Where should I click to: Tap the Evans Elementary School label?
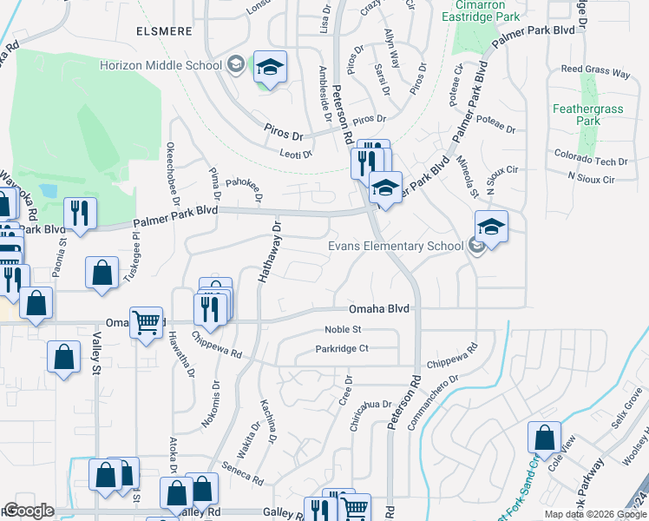395,246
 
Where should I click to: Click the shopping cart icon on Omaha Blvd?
146,322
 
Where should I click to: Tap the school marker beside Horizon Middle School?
270,67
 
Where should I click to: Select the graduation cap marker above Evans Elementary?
491,227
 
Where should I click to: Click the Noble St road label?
342,329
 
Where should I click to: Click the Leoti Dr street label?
295,154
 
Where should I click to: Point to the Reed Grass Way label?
595,72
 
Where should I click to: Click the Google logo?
29,511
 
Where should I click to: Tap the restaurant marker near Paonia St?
80,213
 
